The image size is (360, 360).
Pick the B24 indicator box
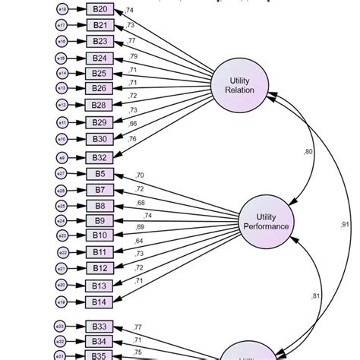click(100, 58)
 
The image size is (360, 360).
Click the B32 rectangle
click(100, 157)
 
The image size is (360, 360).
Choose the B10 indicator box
click(100, 235)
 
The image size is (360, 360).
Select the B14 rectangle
click(100, 302)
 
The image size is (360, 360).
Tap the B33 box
click(100, 327)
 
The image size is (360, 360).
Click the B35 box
click(100, 355)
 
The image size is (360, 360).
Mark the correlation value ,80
click(308, 152)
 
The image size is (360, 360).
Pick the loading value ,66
click(132, 124)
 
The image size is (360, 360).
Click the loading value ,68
click(141, 203)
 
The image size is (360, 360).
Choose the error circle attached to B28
click(62, 106)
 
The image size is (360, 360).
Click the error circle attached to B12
click(62, 268)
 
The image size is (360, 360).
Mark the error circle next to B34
click(62, 342)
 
